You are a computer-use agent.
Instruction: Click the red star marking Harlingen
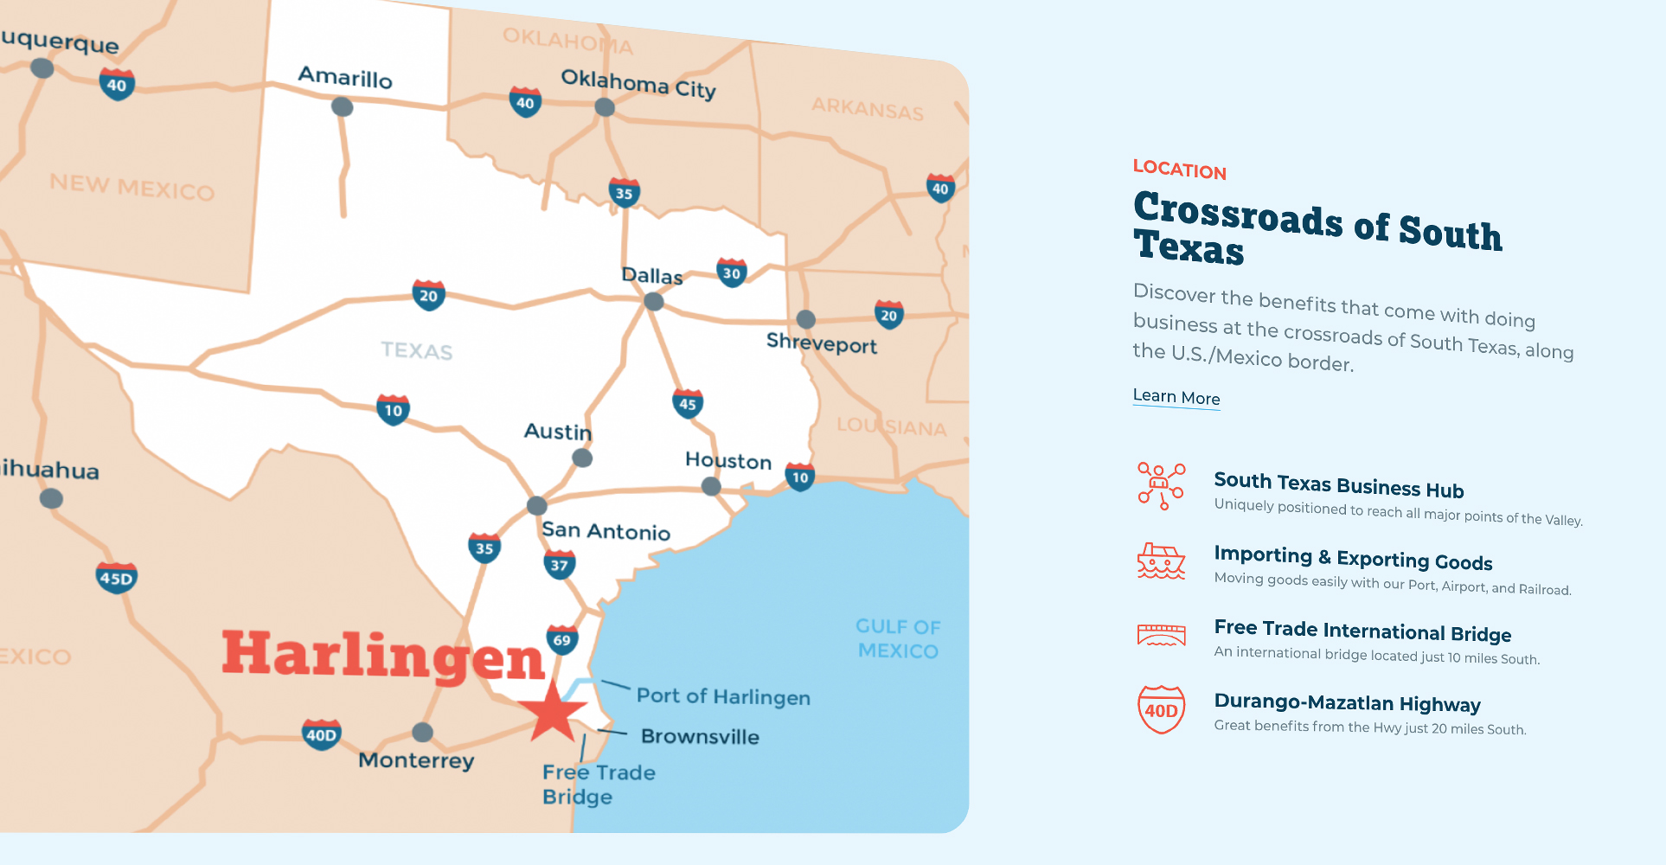(x=552, y=712)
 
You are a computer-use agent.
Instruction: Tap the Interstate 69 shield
(x=562, y=640)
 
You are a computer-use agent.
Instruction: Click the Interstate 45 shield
(x=688, y=403)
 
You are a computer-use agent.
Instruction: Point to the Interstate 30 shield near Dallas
(x=732, y=273)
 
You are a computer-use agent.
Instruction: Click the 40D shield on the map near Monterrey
(x=321, y=735)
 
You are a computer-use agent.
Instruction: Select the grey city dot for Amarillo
(x=343, y=107)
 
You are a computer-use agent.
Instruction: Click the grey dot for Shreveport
(x=805, y=319)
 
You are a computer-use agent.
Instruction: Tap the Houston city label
(x=728, y=461)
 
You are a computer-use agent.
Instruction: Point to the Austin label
(x=558, y=432)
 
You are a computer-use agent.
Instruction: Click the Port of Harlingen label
(x=723, y=697)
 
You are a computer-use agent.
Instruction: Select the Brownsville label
(x=700, y=737)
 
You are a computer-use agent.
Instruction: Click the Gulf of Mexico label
(x=898, y=638)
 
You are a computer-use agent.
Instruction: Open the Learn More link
(x=1176, y=397)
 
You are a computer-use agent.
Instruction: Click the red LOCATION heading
(x=1179, y=170)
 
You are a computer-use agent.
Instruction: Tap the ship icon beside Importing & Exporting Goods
(x=1161, y=562)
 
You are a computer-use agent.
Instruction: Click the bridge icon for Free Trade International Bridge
(x=1161, y=636)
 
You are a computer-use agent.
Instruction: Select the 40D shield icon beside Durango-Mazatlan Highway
(x=1161, y=709)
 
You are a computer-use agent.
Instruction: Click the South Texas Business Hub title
(x=1338, y=485)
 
